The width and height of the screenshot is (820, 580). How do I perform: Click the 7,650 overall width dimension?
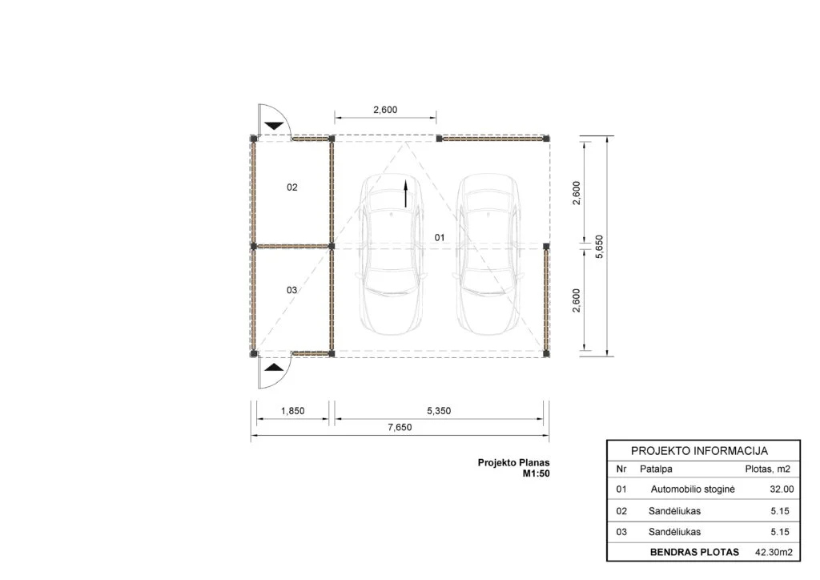point(400,427)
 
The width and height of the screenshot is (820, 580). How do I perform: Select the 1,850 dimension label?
point(292,411)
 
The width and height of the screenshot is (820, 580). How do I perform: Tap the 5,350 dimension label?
point(439,411)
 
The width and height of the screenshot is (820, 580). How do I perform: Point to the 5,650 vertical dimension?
point(599,246)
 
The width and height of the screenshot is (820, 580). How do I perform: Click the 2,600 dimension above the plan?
point(385,110)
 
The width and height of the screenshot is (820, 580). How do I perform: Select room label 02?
point(291,187)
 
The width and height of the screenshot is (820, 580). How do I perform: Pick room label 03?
point(291,290)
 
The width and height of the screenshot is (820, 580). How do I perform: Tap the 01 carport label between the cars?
point(440,237)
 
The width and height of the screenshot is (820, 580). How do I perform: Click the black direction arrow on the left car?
point(405,194)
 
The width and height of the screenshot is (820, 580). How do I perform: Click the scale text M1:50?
point(536,473)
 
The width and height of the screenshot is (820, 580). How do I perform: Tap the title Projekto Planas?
point(513,463)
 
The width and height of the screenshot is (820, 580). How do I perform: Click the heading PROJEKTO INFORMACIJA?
point(699,451)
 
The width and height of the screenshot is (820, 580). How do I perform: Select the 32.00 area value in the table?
point(782,489)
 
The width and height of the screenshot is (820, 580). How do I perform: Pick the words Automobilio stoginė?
point(693,489)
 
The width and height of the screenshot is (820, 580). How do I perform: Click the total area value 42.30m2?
point(774,552)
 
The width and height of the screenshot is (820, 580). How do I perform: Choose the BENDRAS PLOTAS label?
point(694,552)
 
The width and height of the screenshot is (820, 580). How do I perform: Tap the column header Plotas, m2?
point(767,469)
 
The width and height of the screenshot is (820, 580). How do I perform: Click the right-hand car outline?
point(489,254)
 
